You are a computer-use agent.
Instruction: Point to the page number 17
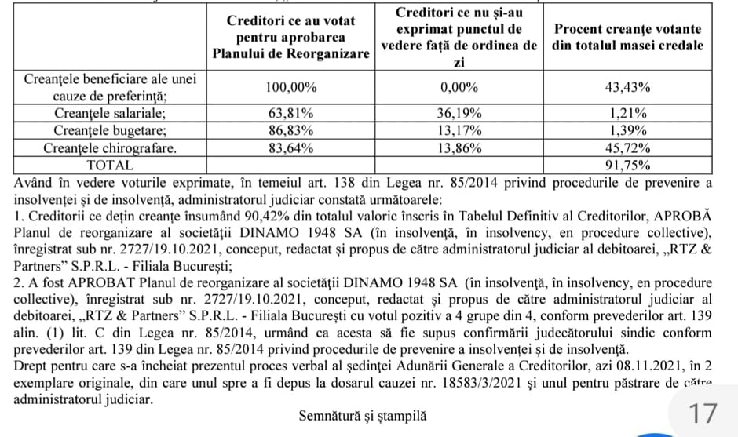(703, 413)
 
